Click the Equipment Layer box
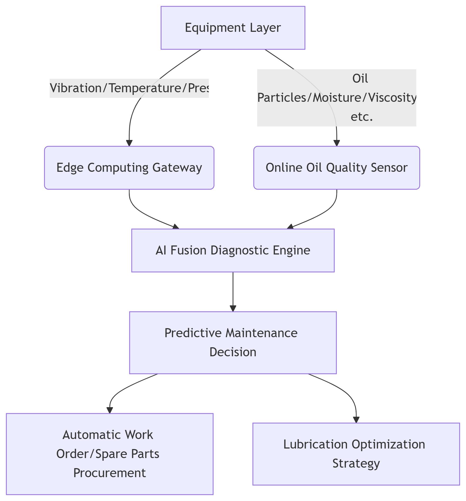point(233,28)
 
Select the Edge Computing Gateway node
point(129,168)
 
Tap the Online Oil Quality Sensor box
point(336,168)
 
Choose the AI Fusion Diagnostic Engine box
point(233,250)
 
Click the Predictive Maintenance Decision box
point(233,342)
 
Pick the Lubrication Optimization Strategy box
point(356,454)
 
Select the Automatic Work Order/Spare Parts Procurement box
point(109,454)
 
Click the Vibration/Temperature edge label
point(129,88)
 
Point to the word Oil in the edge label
point(360,79)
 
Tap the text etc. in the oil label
point(362,117)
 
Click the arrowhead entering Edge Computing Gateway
point(129,143)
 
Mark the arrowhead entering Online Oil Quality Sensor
point(337,143)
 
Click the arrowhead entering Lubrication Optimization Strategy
point(356,420)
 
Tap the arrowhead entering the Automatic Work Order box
point(109,410)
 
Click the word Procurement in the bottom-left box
point(109,473)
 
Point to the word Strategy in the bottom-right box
point(356,463)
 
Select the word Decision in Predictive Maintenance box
point(233,352)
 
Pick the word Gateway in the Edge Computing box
point(177,168)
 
